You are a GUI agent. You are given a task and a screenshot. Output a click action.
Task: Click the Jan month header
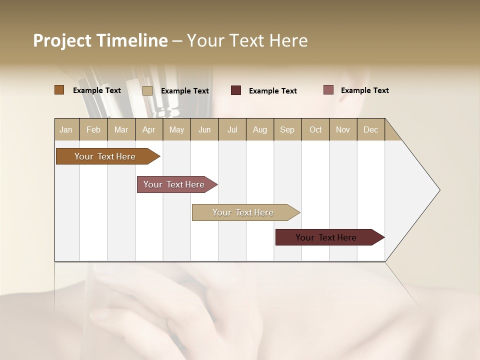(x=66, y=129)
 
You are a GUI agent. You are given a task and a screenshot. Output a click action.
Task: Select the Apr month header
(x=149, y=129)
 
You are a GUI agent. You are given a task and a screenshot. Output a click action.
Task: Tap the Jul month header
(x=232, y=129)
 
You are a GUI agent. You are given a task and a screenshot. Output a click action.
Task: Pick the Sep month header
(x=287, y=129)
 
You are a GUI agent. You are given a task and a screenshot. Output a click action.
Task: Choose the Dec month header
(x=370, y=129)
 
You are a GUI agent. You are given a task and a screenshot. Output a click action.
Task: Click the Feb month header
(x=93, y=129)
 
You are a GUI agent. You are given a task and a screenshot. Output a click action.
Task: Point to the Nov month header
(x=342, y=129)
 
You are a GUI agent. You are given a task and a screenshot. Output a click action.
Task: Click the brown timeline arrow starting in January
(x=105, y=156)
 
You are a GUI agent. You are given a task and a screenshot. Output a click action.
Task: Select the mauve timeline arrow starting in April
(x=174, y=184)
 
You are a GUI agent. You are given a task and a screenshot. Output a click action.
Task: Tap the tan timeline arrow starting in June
(x=243, y=212)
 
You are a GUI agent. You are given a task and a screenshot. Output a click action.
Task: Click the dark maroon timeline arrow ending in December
(x=326, y=237)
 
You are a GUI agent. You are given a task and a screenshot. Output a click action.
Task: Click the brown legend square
(x=59, y=90)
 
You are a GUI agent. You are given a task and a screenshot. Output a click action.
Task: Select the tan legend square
(x=147, y=90)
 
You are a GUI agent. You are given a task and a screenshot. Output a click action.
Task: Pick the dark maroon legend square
(x=236, y=90)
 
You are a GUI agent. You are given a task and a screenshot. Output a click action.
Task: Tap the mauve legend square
(x=328, y=90)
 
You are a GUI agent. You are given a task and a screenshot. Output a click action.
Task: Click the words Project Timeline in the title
(x=100, y=40)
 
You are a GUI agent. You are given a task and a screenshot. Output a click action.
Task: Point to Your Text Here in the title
(x=247, y=40)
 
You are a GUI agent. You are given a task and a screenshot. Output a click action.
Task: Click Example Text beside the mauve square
(x=364, y=90)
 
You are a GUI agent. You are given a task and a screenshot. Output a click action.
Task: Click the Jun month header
(x=204, y=129)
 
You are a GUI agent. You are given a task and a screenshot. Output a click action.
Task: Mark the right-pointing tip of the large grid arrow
(x=439, y=190)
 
